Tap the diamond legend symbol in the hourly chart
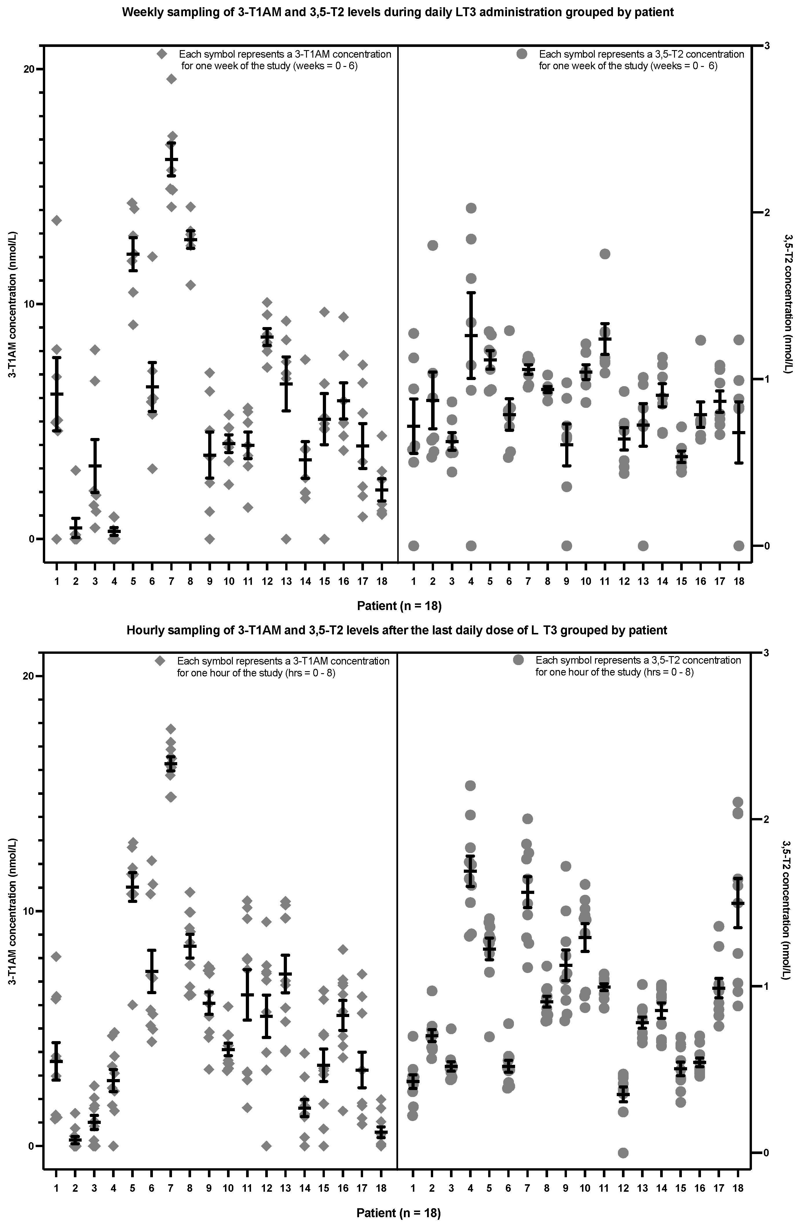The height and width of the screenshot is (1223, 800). (x=160, y=661)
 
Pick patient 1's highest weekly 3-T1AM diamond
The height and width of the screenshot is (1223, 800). (x=56, y=220)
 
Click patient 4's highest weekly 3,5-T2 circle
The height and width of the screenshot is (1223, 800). (x=471, y=208)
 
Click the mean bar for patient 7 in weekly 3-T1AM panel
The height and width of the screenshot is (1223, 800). (x=171, y=159)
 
